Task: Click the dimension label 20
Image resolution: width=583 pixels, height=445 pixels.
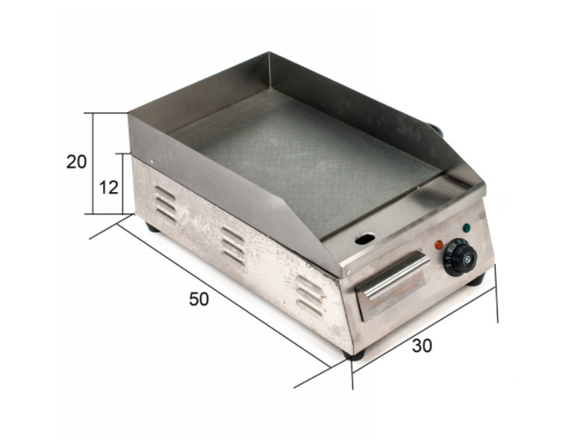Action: (x=76, y=162)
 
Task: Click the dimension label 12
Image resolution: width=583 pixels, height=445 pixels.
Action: (x=109, y=188)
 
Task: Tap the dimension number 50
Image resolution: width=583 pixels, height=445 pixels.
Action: (x=199, y=299)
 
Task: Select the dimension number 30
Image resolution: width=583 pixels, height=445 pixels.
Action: (x=422, y=346)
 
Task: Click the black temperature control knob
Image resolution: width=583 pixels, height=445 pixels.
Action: (x=460, y=257)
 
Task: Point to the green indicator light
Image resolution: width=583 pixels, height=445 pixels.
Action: (x=466, y=228)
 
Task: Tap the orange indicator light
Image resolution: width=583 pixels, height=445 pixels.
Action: (x=439, y=244)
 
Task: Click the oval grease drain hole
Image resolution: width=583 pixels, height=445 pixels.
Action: (x=365, y=238)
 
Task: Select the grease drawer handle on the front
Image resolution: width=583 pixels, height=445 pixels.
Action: (x=393, y=274)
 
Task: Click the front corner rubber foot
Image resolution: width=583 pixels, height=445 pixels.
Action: (x=354, y=354)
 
